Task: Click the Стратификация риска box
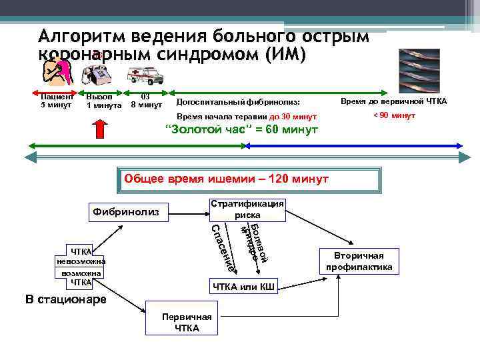[x=247, y=209]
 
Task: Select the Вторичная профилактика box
[x=359, y=261]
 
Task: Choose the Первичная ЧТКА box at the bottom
[x=181, y=323]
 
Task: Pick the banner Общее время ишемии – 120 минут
[x=247, y=180]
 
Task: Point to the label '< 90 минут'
[x=393, y=115]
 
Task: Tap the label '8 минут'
[x=146, y=105]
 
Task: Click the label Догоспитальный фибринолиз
[x=238, y=102]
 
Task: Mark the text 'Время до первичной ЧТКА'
[x=393, y=101]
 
